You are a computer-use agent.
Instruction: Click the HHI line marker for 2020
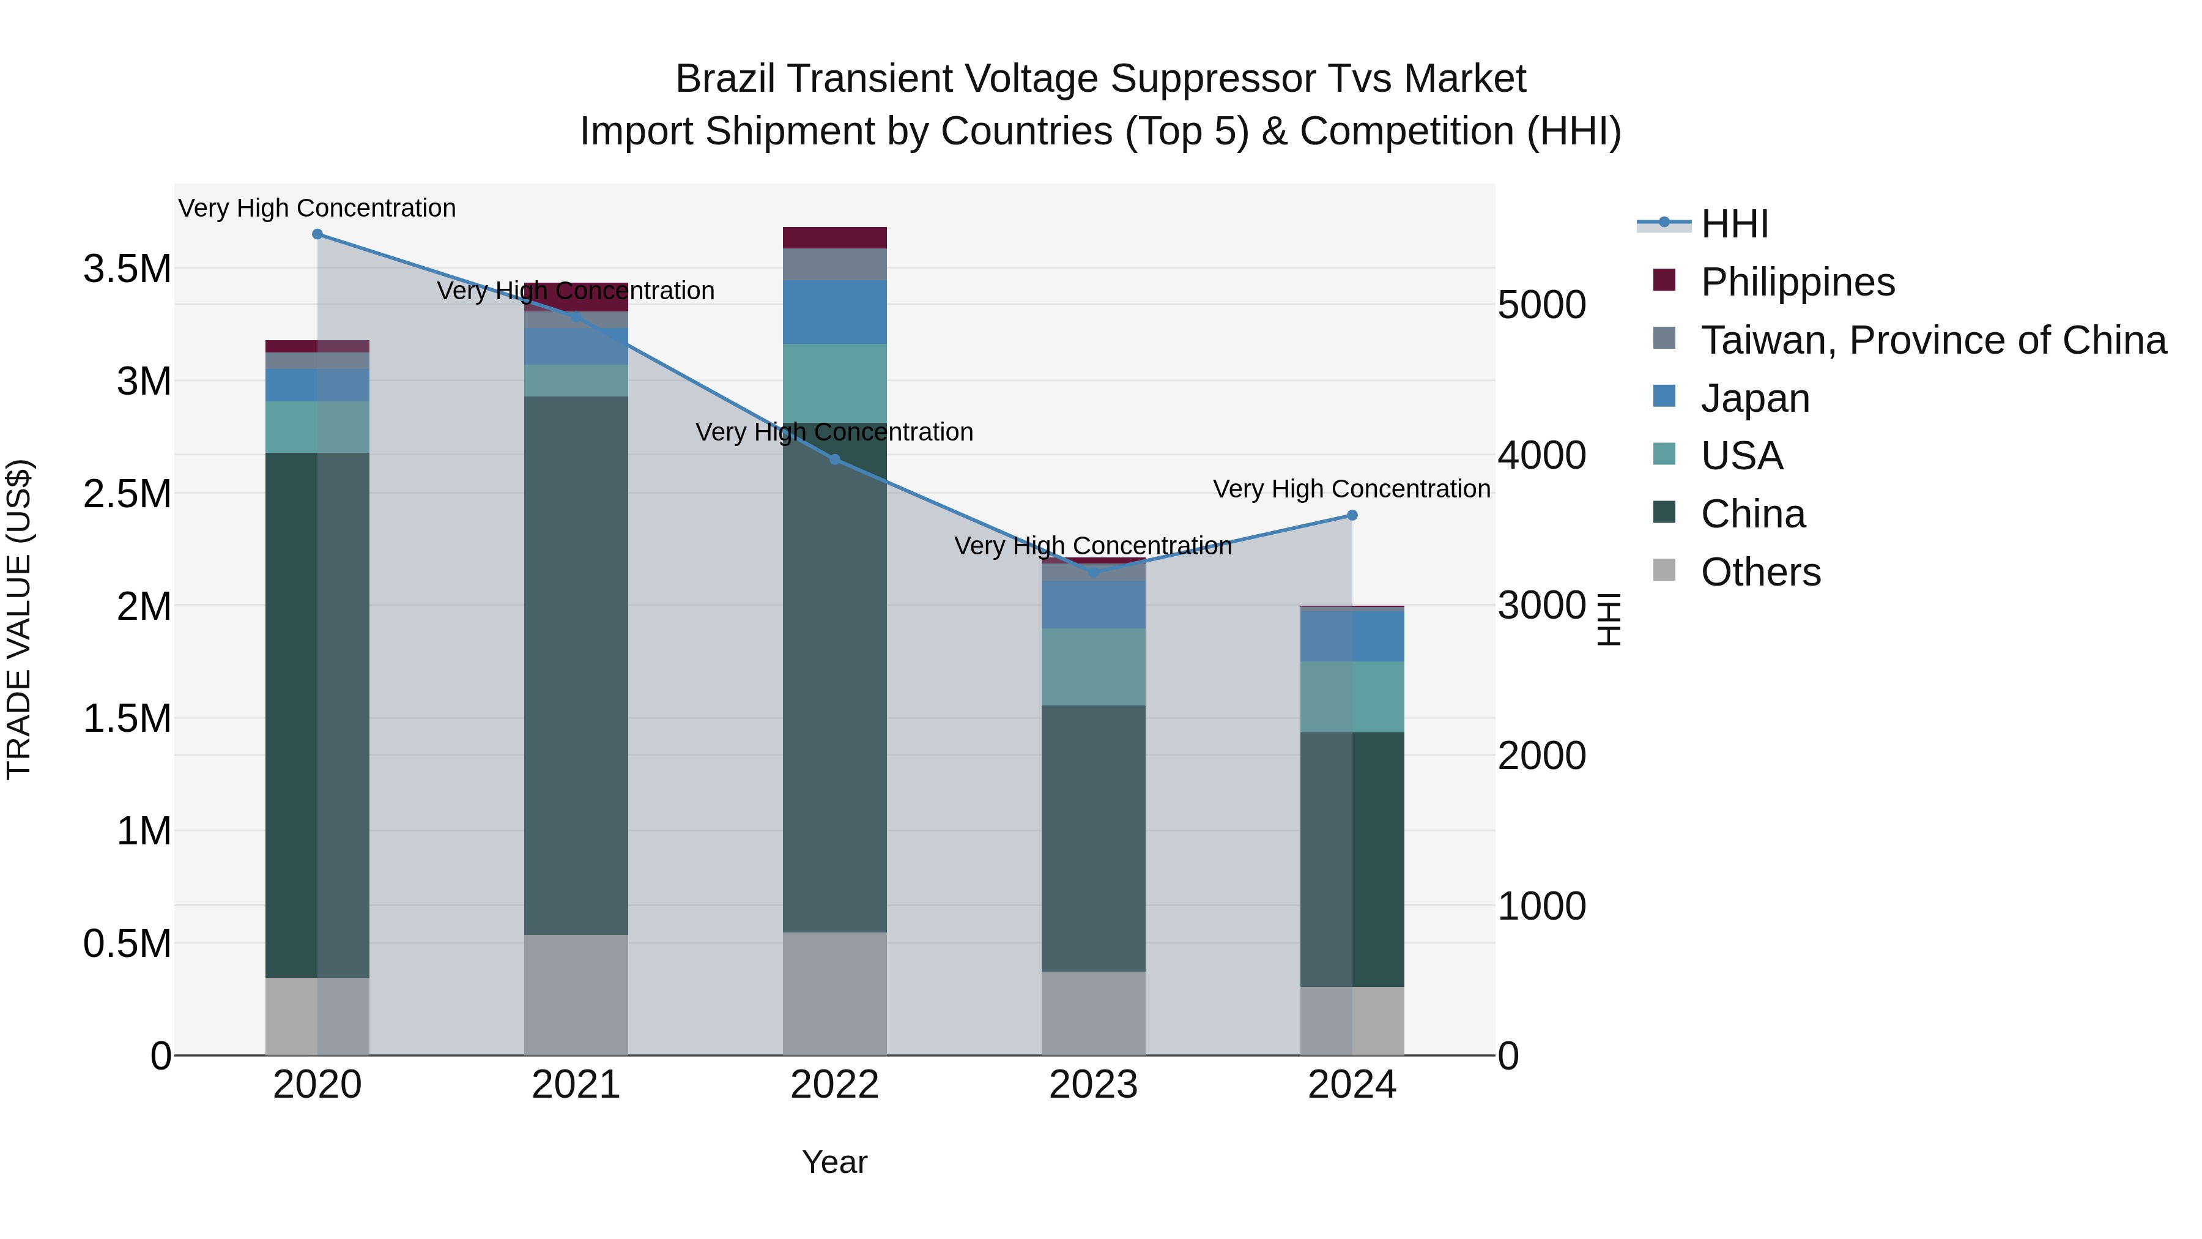tap(317, 234)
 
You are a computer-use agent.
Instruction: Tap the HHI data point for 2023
tap(1093, 572)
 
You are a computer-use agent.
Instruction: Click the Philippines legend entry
tap(1797, 282)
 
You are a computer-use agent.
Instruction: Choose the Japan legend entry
tap(1755, 398)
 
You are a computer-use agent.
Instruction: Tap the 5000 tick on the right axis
tap(1542, 305)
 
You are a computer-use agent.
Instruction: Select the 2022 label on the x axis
tap(834, 1085)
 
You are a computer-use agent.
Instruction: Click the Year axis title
tap(834, 1162)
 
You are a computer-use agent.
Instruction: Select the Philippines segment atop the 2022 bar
tap(834, 238)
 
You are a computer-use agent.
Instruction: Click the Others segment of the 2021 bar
tap(576, 994)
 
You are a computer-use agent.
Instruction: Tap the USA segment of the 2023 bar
tap(1093, 667)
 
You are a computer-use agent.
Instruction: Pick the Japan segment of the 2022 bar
tap(834, 312)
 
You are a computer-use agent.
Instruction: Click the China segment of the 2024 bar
tap(1352, 860)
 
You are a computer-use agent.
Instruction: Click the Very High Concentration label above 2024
tap(1351, 489)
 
